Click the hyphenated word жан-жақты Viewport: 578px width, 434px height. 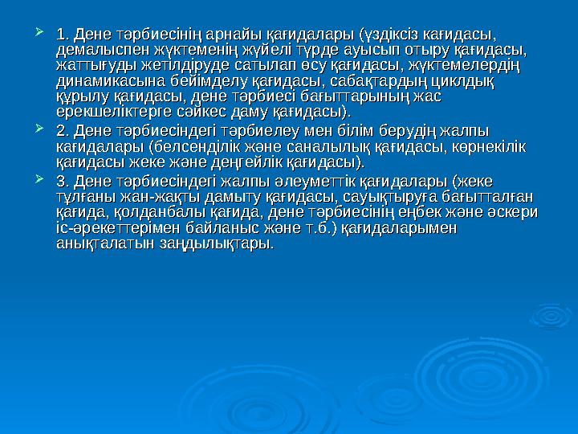click(157, 195)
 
